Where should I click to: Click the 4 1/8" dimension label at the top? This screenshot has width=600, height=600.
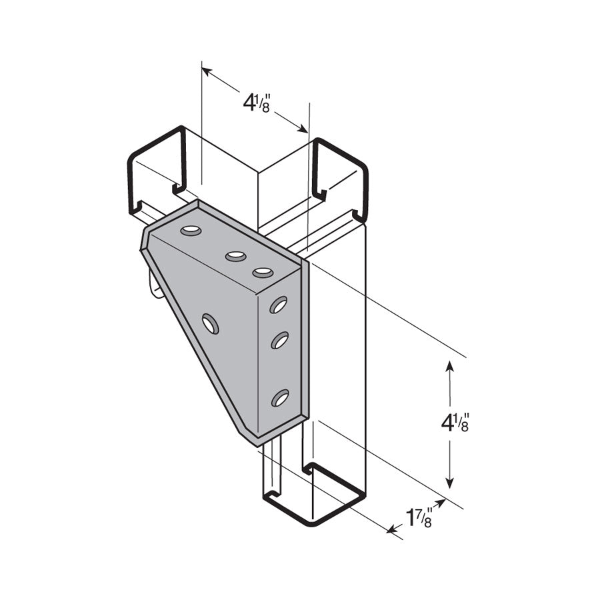coord(256,104)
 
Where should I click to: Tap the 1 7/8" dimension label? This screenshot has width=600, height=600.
coord(420,517)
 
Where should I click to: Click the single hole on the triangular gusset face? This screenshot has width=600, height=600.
coord(211,324)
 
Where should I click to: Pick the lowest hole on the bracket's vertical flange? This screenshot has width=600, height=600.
coord(279,398)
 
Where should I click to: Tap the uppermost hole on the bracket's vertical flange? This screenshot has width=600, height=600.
coord(278,305)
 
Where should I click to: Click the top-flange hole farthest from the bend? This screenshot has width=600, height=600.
coord(191,231)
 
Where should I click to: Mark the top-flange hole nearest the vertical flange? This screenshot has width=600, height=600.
coord(263,272)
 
